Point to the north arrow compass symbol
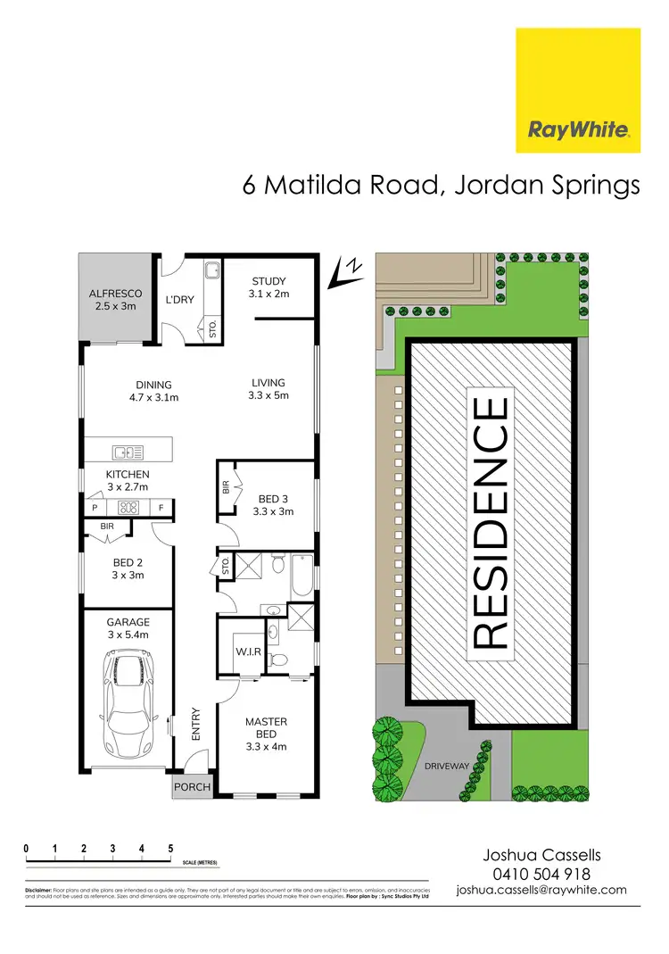(x=344, y=271)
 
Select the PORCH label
(x=193, y=787)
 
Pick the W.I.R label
(x=248, y=651)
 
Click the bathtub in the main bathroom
(x=302, y=576)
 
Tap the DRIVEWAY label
(x=447, y=765)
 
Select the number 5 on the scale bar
(x=170, y=848)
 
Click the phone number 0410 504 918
(x=541, y=874)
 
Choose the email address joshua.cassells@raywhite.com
(x=541, y=890)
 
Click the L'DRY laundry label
(x=180, y=300)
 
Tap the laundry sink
(x=211, y=270)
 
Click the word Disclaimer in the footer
(x=39, y=892)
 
